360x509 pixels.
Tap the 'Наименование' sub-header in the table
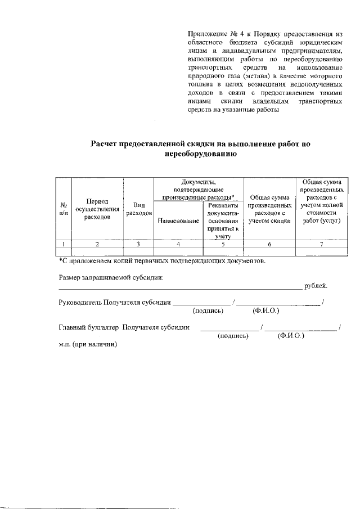179,222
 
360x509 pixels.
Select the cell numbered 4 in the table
178,244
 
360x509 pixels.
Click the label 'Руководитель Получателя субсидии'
115,303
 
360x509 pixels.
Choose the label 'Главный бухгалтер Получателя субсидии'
123,327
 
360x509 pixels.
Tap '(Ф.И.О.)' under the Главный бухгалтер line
291,335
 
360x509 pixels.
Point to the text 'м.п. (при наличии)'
88,344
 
